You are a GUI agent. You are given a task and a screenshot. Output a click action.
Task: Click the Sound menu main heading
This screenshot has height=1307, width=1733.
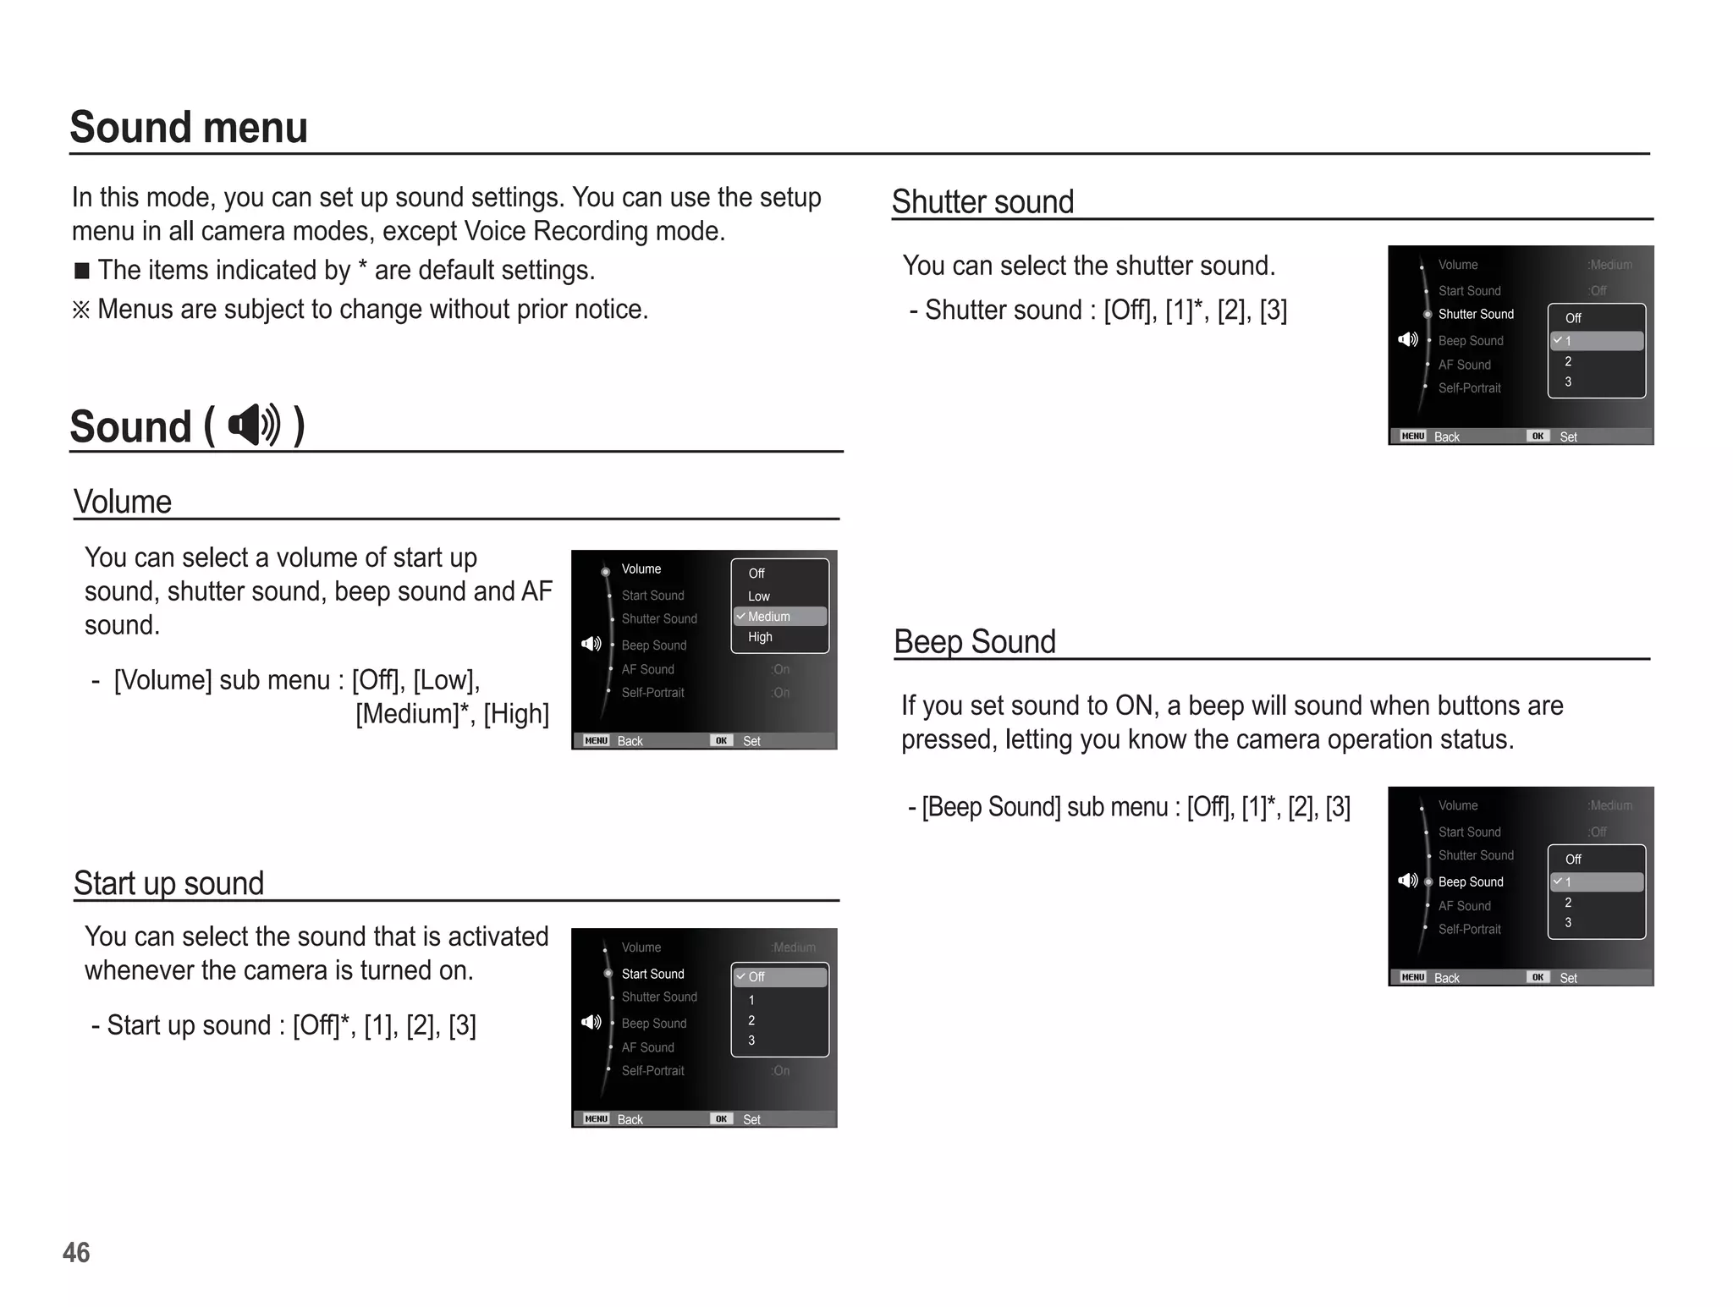click(x=188, y=128)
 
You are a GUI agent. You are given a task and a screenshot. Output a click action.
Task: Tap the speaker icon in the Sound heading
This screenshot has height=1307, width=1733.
click(x=254, y=425)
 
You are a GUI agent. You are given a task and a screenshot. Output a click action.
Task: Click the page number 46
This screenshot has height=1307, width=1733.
click(x=76, y=1252)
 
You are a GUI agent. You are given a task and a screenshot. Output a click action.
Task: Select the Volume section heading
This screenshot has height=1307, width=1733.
click(x=123, y=502)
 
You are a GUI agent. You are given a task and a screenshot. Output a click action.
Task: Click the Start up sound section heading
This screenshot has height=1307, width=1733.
click(x=168, y=883)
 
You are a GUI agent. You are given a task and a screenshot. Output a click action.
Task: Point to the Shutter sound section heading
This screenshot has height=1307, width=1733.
click(x=982, y=202)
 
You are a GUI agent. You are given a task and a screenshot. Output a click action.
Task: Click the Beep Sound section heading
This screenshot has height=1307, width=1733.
click(x=975, y=642)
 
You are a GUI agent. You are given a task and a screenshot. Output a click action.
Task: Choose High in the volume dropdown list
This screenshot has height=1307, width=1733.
click(x=760, y=637)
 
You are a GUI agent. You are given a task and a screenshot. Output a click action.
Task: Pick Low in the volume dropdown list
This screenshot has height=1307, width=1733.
click(x=758, y=596)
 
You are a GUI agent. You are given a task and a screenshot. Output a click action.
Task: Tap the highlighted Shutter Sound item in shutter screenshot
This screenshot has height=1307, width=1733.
click(x=1476, y=315)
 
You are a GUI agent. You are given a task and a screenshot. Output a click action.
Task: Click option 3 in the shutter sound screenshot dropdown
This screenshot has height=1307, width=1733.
click(x=1568, y=382)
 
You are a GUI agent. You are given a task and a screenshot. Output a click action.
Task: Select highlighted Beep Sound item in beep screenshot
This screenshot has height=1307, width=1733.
click(x=1471, y=881)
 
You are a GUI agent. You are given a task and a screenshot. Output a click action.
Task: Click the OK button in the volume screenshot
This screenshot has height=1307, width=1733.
click(x=721, y=740)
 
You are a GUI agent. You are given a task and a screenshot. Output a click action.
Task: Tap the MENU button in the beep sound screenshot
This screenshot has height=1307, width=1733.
click(x=1412, y=977)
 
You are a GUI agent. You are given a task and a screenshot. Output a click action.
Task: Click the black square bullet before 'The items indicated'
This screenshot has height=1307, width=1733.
click(x=82, y=271)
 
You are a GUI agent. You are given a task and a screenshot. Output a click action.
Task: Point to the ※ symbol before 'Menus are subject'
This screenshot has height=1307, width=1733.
click(x=81, y=310)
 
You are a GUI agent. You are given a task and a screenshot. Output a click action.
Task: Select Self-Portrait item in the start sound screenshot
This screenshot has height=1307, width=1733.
click(x=652, y=1071)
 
